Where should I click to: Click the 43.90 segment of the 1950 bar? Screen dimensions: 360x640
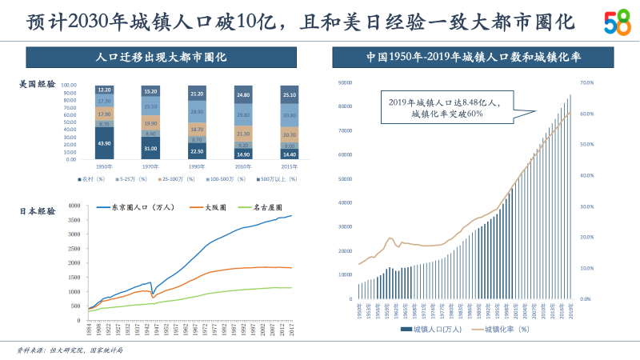(104, 142)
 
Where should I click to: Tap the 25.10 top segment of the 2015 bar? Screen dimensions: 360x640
(290, 95)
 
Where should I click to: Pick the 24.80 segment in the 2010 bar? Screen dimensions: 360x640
(243, 95)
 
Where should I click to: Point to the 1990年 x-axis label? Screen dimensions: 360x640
(197, 166)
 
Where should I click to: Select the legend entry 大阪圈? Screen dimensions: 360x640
(209, 207)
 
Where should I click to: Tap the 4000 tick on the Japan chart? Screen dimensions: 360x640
(73, 206)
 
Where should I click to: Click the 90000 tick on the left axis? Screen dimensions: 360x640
(346, 82)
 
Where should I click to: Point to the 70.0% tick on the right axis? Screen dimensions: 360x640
(586, 82)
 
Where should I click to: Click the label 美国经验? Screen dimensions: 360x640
(38, 83)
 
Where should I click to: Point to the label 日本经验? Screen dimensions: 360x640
(38, 211)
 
